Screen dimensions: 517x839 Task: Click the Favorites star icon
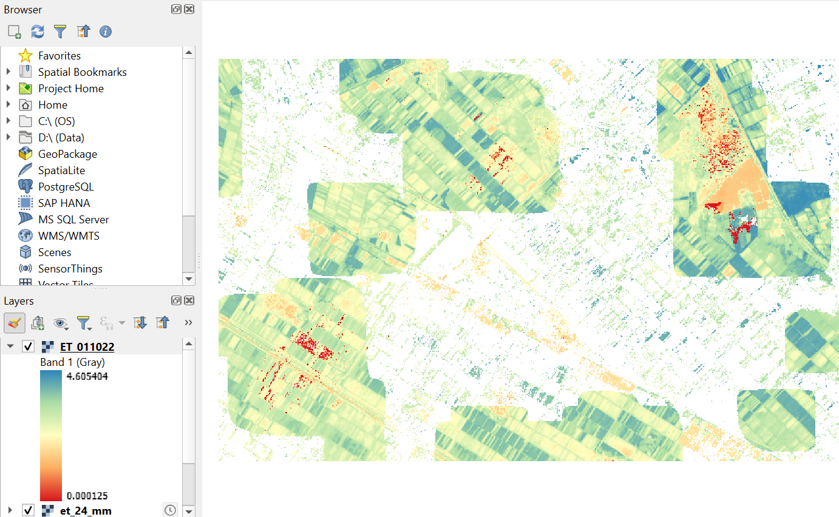[25, 56]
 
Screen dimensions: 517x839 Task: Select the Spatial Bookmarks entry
[82, 72]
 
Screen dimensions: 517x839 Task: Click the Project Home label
[70, 89]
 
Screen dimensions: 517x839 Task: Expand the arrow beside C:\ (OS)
[8, 121]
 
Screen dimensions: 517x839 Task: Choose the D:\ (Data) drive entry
[61, 138]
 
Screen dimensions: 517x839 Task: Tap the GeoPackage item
[67, 154]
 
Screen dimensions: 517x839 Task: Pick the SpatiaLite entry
[61, 171]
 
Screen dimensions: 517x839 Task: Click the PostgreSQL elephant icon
[25, 187]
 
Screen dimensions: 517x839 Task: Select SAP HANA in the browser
[64, 203]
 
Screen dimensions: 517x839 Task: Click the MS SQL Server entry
[73, 220]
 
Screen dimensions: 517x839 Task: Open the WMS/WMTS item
[69, 236]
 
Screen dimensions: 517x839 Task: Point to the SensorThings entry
[70, 269]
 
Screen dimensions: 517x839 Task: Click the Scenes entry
[55, 252]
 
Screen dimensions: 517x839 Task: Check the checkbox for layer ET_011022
[28, 346]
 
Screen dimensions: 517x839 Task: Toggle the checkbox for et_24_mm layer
[28, 510]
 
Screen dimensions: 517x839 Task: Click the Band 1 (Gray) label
[72, 362]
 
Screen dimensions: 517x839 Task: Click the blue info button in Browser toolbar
[106, 32]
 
